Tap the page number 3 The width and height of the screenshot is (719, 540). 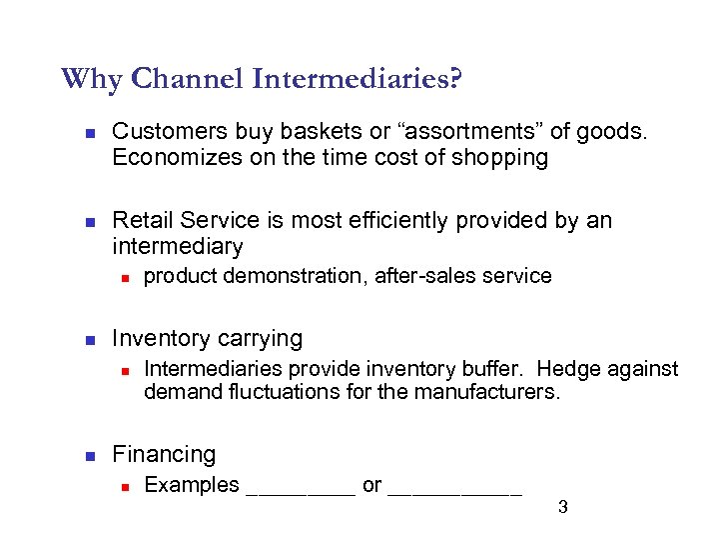(562, 507)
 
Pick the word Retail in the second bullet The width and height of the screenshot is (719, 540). (141, 220)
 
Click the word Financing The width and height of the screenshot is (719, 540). (164, 455)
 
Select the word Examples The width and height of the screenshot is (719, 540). (192, 485)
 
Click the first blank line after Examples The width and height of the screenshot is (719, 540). (300, 490)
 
